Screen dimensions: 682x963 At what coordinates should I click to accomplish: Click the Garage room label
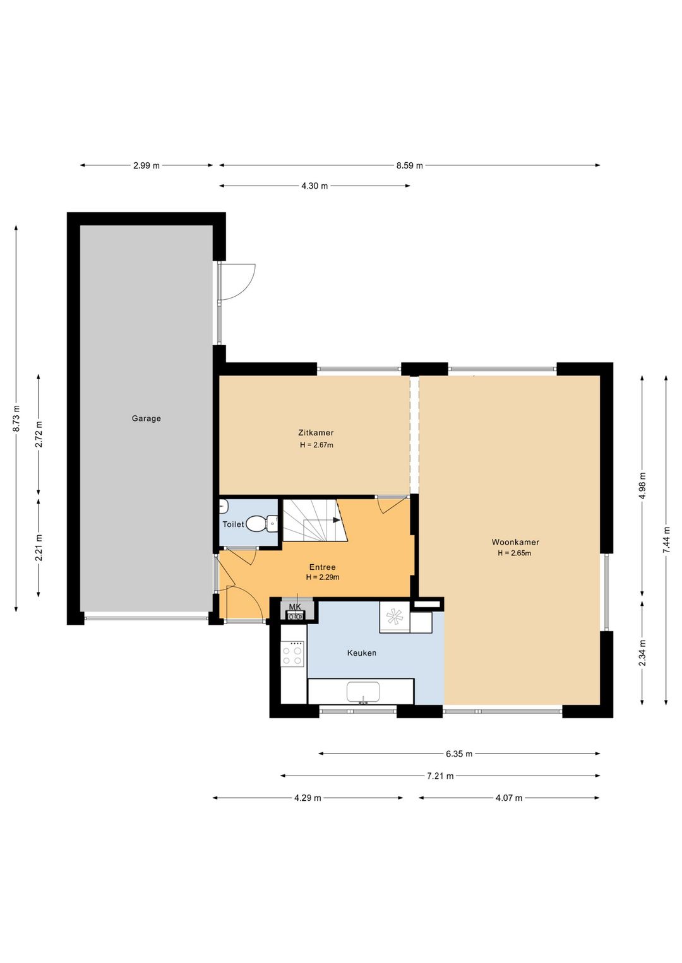tap(147, 418)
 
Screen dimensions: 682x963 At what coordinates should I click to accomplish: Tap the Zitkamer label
tap(316, 433)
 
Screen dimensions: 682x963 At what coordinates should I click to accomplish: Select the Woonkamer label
tap(515, 542)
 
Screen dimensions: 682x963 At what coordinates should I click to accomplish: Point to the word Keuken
tap(361, 653)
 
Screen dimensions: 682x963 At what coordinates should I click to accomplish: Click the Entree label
tap(322, 567)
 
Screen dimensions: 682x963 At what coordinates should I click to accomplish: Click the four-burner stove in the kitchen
tap(292, 654)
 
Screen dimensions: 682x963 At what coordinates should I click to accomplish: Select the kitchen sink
tap(363, 692)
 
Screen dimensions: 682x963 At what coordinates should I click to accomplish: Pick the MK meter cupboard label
tap(295, 606)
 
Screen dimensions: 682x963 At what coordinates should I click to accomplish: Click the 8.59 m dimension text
tap(410, 165)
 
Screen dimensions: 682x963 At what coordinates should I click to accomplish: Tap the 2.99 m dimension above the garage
tap(147, 165)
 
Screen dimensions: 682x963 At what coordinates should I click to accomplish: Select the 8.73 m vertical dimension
tap(16, 418)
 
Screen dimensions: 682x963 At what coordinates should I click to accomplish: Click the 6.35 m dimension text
tap(459, 753)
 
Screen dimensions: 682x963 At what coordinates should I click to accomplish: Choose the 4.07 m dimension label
tap(509, 798)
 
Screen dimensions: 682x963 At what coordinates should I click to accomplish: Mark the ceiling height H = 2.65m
tap(515, 553)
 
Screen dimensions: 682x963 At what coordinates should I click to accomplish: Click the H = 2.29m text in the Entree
tap(323, 577)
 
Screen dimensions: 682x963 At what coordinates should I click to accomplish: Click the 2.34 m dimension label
tap(642, 653)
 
